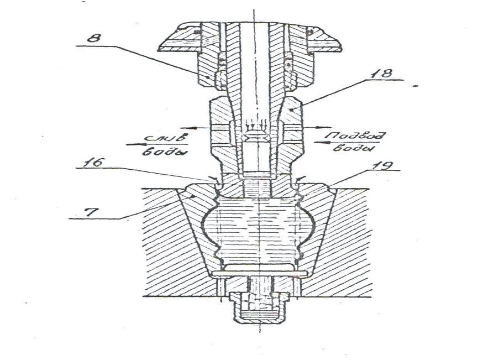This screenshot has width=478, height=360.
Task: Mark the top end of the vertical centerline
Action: [254, 12]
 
